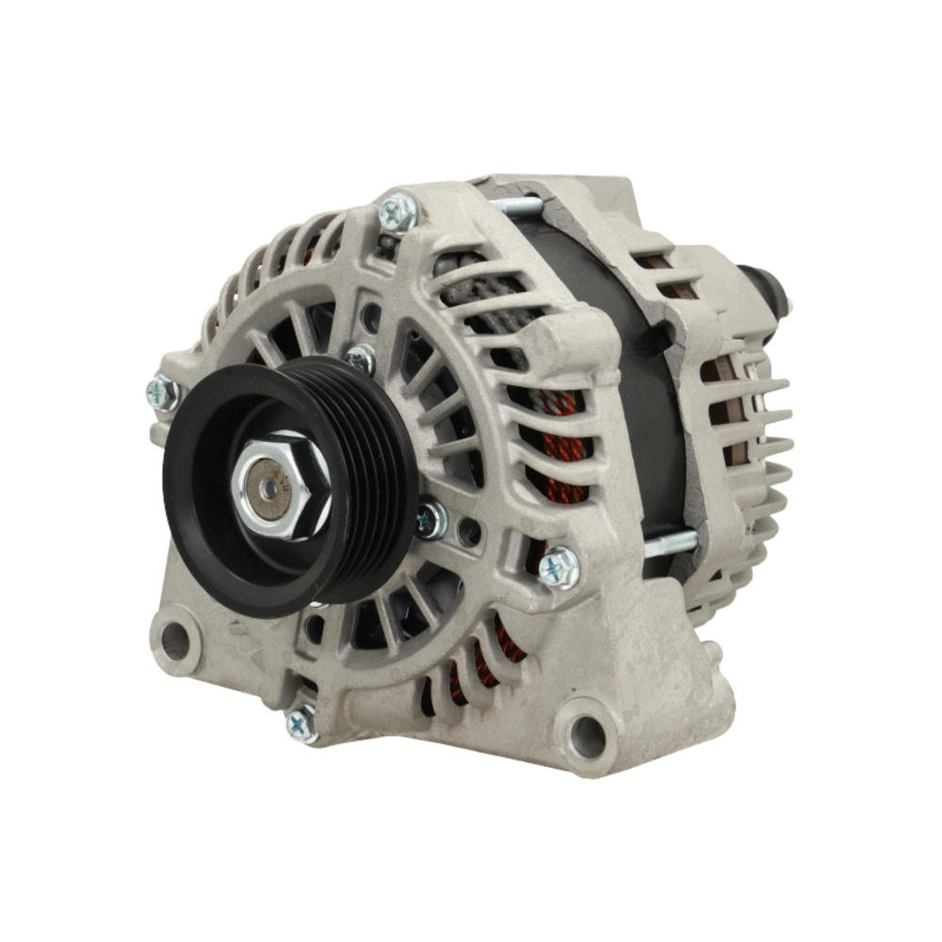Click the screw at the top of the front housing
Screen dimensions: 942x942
tap(397, 214)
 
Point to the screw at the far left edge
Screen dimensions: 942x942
tap(162, 393)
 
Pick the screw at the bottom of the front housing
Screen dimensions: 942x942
tap(301, 723)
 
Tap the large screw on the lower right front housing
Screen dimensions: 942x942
tap(559, 567)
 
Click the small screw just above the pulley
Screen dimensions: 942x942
tap(359, 358)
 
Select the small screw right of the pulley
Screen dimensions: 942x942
tap(431, 518)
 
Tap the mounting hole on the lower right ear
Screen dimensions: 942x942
tap(586, 730)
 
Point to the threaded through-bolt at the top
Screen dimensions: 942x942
tap(513, 204)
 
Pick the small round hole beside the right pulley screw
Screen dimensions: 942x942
tap(468, 532)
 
